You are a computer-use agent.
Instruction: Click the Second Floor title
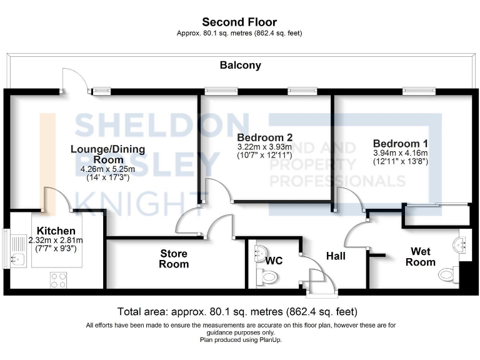click(239, 22)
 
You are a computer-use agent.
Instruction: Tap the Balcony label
click(240, 65)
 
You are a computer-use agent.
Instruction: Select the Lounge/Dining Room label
click(107, 154)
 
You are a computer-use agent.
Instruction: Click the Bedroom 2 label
click(264, 137)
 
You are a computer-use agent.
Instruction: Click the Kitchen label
click(56, 231)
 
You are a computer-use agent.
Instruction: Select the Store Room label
click(174, 259)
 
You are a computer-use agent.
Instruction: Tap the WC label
click(274, 261)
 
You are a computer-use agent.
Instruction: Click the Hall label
click(336, 256)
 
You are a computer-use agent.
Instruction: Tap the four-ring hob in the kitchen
click(58, 280)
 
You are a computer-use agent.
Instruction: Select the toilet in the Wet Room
click(447, 274)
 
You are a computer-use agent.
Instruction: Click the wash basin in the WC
click(261, 253)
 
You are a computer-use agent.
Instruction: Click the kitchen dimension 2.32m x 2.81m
click(56, 240)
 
